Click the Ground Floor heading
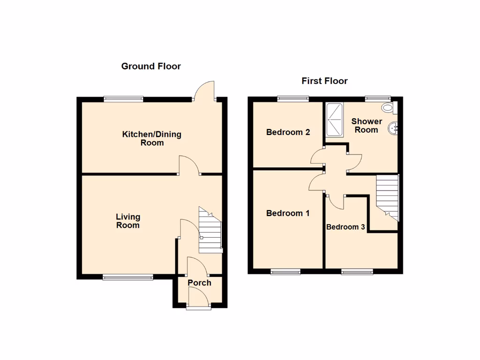tap(151, 66)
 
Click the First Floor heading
tap(324, 81)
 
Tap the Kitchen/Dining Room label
tap(152, 138)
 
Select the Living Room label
tap(128, 221)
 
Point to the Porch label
tap(199, 283)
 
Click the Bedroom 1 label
tap(288, 213)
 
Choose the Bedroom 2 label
tap(288, 132)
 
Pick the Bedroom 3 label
tap(345, 227)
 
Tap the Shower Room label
tap(367, 126)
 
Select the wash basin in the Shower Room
tap(394, 127)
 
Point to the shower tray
tap(334, 119)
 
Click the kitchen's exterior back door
tap(205, 91)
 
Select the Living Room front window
tap(128, 277)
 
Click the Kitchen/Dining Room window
tap(124, 98)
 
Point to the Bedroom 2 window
tap(293, 98)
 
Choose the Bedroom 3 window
tap(357, 271)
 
